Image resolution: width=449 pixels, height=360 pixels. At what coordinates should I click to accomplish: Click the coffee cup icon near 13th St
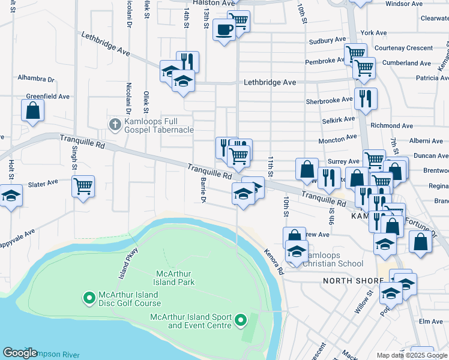[x=224, y=29]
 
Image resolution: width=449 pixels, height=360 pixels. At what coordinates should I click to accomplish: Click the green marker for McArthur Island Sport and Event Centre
[x=241, y=320]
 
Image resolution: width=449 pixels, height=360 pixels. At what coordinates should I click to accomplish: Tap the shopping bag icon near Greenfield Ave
[x=32, y=110]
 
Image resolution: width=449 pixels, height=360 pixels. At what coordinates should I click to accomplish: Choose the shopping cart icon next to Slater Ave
[x=83, y=185]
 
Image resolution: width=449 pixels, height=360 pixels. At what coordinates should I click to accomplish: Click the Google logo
[x=20, y=353]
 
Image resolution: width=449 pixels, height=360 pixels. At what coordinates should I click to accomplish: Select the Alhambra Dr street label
[x=35, y=79]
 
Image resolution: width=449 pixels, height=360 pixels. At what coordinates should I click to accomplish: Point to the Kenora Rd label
[x=273, y=262]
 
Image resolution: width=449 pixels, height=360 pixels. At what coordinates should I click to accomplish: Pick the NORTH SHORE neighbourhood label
[x=352, y=281]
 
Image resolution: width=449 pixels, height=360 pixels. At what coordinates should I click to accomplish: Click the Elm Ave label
[x=430, y=322]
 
